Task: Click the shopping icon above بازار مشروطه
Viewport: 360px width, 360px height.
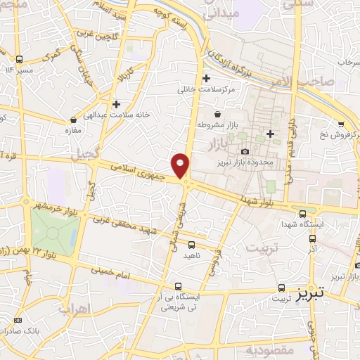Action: click(x=217, y=114)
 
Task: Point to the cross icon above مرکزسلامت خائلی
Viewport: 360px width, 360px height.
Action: click(x=206, y=78)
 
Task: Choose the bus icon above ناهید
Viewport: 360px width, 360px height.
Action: click(x=192, y=245)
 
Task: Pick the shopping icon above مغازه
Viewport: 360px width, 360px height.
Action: click(x=73, y=120)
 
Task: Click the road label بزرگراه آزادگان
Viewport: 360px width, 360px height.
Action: click(x=232, y=58)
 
